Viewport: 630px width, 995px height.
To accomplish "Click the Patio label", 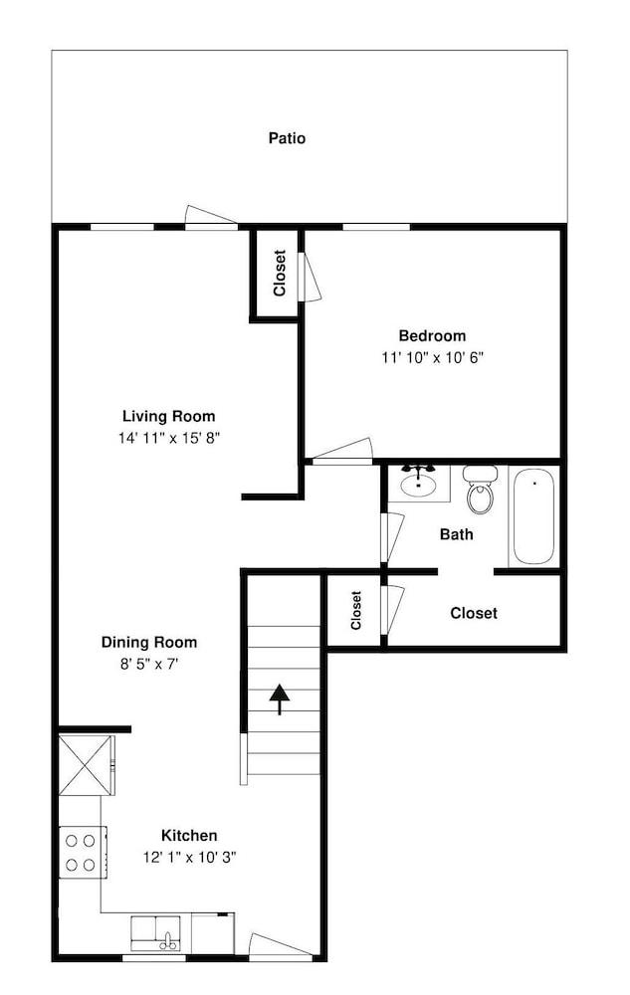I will pos(287,138).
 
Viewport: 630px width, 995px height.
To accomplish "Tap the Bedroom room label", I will pos(432,336).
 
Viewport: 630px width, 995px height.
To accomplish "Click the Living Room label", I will pos(168,416).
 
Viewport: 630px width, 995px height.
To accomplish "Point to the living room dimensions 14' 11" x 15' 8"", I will pos(168,438).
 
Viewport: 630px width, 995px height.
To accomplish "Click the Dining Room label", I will pos(149,642).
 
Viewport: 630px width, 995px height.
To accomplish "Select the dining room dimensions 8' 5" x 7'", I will pos(149,664).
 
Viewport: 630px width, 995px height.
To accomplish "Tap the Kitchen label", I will pos(189,835).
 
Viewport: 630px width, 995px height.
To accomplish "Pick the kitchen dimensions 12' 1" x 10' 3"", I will pos(189,856).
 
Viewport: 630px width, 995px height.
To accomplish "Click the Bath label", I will pos(457,534).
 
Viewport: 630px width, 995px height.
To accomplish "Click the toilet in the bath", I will pos(481,491).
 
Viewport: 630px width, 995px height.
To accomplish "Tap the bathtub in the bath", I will pos(534,517).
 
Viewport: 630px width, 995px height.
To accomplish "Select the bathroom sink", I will pos(418,484).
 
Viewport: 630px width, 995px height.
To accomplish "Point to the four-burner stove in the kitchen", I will pos(81,853).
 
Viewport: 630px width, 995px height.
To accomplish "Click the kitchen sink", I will pos(156,934).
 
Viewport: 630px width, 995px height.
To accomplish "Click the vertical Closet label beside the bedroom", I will pos(280,273).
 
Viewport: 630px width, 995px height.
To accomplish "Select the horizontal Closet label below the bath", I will pos(474,614).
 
